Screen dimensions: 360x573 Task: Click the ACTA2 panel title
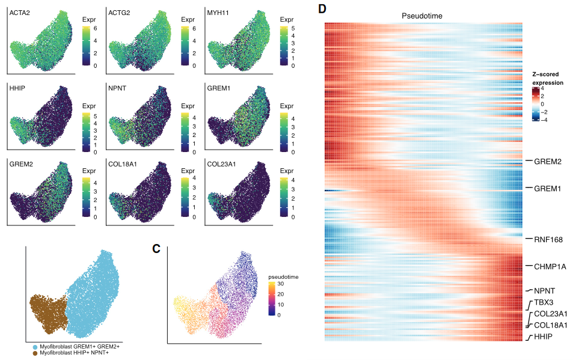20,13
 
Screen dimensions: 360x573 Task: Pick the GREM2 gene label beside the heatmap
548,162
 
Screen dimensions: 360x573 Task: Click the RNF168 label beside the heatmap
548,239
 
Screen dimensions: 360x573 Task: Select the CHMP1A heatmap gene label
550,266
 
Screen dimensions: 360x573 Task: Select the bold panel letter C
156,248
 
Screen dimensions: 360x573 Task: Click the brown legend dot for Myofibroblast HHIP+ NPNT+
35,354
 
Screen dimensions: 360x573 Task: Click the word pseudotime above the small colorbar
283,277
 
